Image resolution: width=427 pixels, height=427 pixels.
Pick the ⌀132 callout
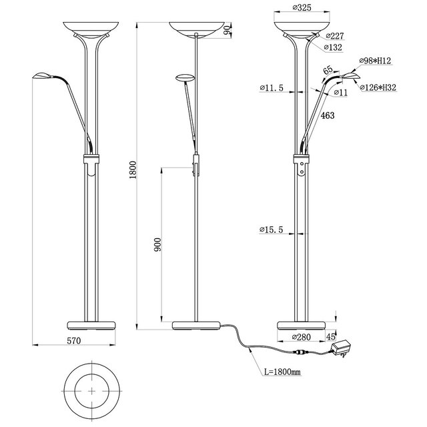click(x=334, y=47)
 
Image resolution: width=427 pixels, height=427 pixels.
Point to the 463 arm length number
click(x=326, y=115)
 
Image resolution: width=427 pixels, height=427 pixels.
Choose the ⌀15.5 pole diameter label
click(x=272, y=230)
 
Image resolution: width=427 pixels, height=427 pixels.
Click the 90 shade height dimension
click(x=227, y=28)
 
